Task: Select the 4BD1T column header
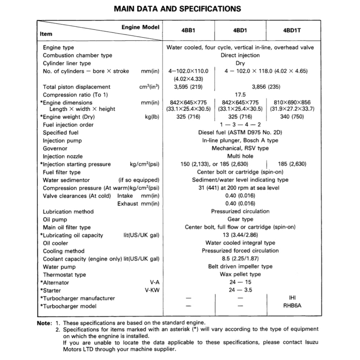292,31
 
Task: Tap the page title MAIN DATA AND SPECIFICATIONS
178,9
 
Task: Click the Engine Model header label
140,27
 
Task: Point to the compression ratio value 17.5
240,95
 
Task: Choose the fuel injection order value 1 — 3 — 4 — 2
240,124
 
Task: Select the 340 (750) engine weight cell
292,117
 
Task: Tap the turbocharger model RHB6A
292,306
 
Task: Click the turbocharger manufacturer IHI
292,297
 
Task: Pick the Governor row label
55,148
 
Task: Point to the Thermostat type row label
64,275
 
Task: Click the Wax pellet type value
240,274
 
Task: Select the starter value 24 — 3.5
240,290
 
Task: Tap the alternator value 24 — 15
240,282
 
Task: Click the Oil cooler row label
56,243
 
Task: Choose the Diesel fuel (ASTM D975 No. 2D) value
240,133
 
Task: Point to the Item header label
46,34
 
